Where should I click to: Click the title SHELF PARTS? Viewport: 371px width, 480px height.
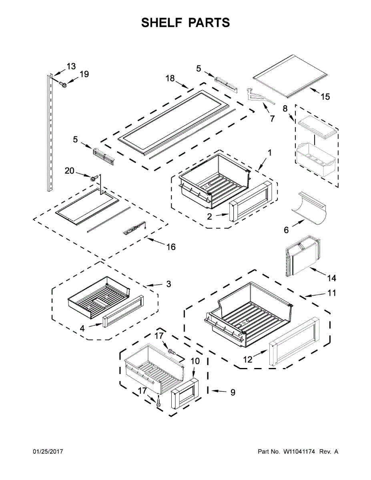coord(185,23)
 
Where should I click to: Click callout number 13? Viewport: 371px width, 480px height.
coord(71,66)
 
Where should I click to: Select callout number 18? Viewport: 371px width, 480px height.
coord(170,78)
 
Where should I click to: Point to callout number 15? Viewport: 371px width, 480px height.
coord(325,96)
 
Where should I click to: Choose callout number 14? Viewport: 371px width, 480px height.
coord(331,278)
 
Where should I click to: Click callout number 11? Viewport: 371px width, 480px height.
coord(332,293)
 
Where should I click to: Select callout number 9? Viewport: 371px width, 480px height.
coord(232,392)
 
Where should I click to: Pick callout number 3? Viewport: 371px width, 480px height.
coord(168,284)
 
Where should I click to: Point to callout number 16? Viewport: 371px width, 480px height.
coord(171,247)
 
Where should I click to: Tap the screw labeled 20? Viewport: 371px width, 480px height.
coord(95,178)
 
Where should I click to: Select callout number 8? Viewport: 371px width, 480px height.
coord(285,108)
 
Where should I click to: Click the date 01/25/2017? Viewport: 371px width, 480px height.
coord(48,452)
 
